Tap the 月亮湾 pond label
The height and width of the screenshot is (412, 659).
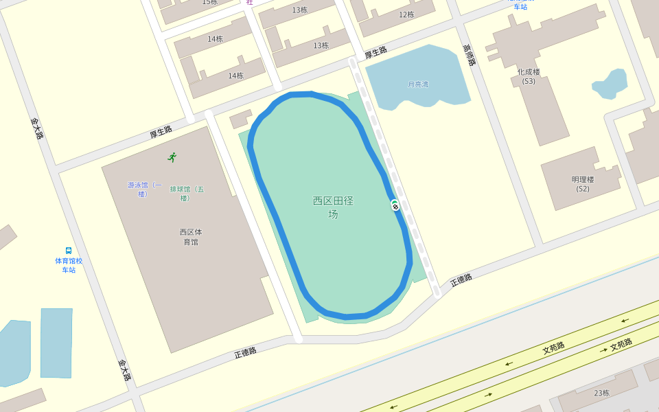[418, 84]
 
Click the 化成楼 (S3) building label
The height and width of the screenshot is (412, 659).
[529, 76]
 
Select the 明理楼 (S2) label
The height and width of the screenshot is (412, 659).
[583, 184]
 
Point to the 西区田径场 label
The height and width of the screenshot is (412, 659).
[333, 207]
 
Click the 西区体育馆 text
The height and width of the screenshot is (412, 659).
[191, 237]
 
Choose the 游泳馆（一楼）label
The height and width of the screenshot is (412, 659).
[144, 189]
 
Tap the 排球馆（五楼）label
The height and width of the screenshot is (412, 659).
[187, 194]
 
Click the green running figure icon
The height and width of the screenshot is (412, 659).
[172, 157]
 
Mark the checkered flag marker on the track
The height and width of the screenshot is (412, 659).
[395, 205]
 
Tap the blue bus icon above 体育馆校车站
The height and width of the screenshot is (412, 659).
[69, 251]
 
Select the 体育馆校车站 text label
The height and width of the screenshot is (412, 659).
[69, 265]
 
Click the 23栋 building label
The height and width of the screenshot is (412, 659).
[601, 393]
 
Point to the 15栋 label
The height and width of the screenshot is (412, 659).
[209, 2]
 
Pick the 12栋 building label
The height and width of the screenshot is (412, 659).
[406, 14]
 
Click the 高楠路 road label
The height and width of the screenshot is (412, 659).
[469, 55]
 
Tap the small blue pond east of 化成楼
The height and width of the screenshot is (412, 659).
[610, 83]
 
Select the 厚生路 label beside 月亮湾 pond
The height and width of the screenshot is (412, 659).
[375, 53]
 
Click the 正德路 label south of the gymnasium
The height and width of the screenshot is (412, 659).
[245, 352]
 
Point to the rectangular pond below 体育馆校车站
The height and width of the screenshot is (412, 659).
[56, 343]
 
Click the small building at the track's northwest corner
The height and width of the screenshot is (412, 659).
[240, 119]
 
